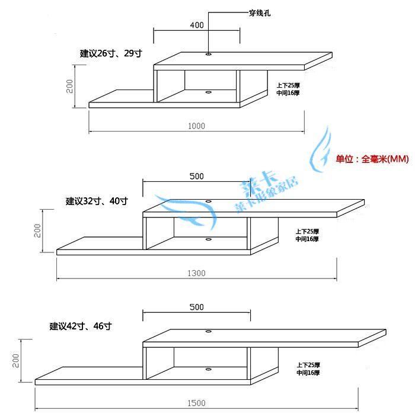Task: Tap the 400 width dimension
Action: pyautogui.click(x=197, y=25)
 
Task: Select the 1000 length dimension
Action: pyautogui.click(x=196, y=126)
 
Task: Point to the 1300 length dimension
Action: pyautogui.click(x=196, y=273)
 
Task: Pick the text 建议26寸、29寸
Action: pyautogui.click(x=111, y=53)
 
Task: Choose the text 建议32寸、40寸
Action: pyautogui.click(x=97, y=201)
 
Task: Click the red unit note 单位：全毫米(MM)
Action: pyautogui.click(x=372, y=159)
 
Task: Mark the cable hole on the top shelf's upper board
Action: pyautogui.click(x=209, y=54)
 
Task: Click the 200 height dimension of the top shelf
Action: pyautogui.click(x=69, y=86)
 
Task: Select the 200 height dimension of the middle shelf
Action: pyautogui.click(x=37, y=230)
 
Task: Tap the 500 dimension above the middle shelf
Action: pyautogui.click(x=196, y=176)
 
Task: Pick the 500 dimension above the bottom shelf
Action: pyautogui.click(x=196, y=307)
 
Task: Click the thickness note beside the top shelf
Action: pyautogui.click(x=288, y=89)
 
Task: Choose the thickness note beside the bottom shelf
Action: pyautogui.click(x=308, y=369)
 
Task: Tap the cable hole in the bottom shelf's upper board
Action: pyautogui.click(x=209, y=331)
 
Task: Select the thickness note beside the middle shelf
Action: pyautogui.click(x=307, y=235)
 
